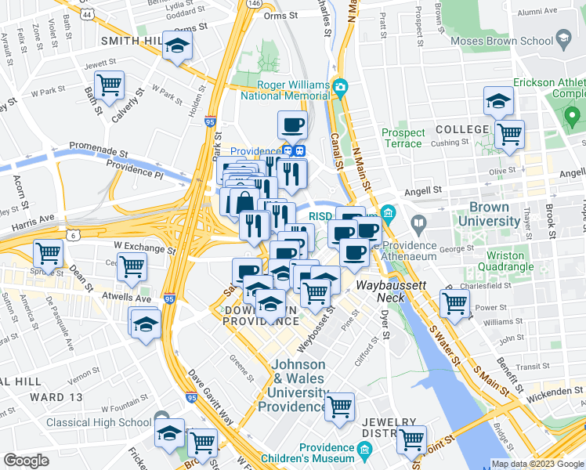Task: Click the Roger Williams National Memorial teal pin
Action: pos(340,85)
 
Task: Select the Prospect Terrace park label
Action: pos(403,138)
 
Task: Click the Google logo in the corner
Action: pos(26,460)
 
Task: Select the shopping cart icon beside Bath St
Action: pos(109,83)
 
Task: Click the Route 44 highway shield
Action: pos(86,14)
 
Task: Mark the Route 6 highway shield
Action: pos(73,234)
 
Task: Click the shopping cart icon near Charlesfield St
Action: pos(454,303)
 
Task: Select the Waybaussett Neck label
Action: pos(392,286)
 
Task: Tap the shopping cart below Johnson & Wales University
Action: pos(339,407)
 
